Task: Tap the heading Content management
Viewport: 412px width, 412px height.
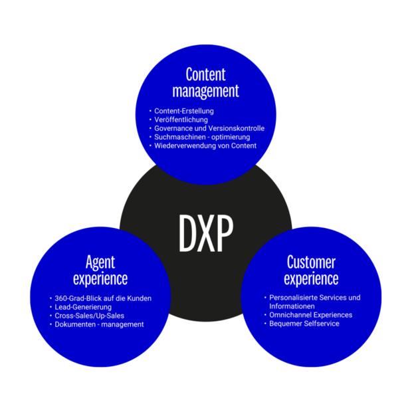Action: tap(205, 82)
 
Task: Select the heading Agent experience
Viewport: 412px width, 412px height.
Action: tap(100, 269)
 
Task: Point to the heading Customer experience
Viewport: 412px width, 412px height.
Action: tap(311, 269)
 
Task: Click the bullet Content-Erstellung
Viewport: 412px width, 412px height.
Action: tap(184, 110)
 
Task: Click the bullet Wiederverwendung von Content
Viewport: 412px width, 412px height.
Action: tap(205, 146)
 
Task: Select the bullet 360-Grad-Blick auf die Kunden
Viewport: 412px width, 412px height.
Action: tap(103, 298)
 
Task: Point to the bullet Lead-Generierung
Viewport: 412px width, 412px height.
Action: tap(84, 307)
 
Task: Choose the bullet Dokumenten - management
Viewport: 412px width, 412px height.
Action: tap(99, 324)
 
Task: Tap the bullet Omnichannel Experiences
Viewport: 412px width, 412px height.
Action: tap(310, 315)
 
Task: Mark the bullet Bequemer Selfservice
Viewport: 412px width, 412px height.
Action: tap(304, 324)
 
